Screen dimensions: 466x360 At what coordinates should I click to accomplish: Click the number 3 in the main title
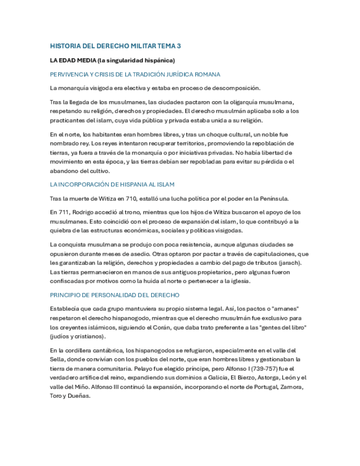179,46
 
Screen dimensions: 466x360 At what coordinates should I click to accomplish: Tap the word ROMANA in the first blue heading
207,74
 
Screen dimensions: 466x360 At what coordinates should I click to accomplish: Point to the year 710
134,198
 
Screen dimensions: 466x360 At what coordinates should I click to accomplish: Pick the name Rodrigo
88,212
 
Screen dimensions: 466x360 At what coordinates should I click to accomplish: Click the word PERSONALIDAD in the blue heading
109,295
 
